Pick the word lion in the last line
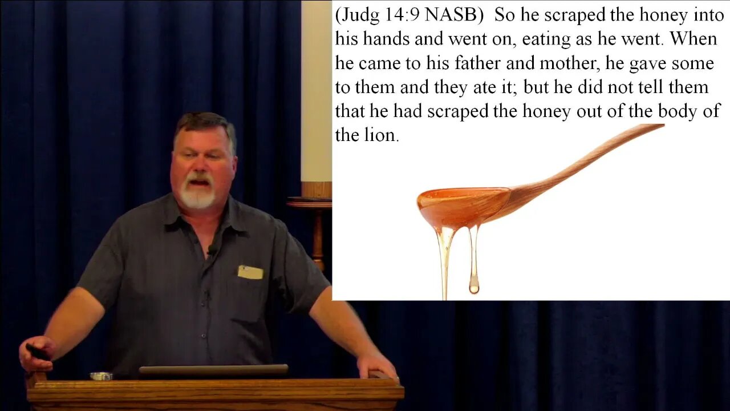tap(382, 135)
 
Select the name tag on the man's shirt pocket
tap(250, 272)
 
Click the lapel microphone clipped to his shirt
tap(212, 249)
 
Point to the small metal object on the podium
tap(101, 376)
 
